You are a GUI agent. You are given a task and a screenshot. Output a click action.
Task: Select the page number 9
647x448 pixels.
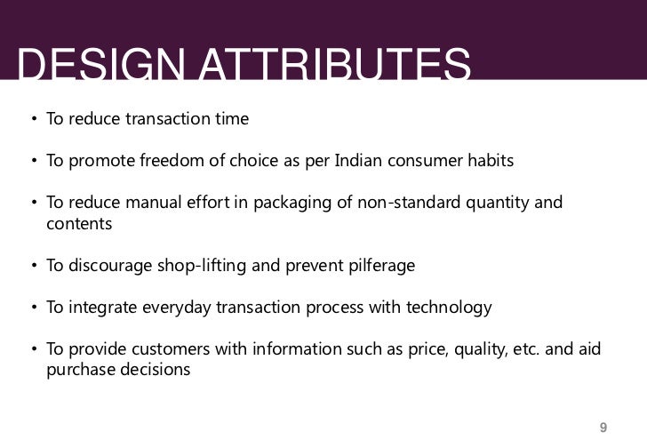[603, 426]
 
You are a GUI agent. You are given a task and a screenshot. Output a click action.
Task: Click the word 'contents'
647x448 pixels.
[79, 224]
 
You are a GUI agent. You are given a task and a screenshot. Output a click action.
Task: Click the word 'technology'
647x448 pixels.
[449, 308]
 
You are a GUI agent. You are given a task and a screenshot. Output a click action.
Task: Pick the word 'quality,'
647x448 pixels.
[484, 349]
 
